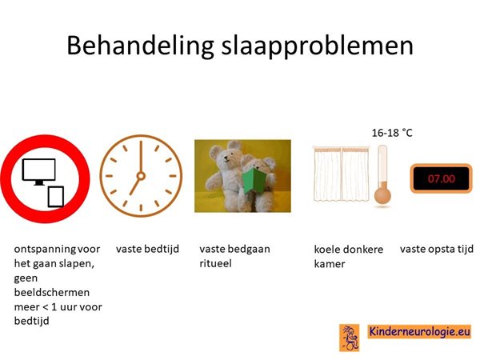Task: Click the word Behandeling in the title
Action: tap(140, 46)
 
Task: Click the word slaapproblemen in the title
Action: tap(318, 46)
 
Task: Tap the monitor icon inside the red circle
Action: tap(39, 171)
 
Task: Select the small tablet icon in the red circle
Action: tap(56, 197)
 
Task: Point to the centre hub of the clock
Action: tap(141, 176)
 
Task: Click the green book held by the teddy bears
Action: tap(254, 182)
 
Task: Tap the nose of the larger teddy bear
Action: tap(226, 158)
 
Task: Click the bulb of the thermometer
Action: tap(382, 195)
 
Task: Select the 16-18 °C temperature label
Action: tap(392, 133)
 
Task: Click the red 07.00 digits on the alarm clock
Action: tap(441, 178)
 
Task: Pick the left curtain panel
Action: tap(327, 174)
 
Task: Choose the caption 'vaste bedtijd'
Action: tap(147, 249)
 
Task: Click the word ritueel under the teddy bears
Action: tap(215, 263)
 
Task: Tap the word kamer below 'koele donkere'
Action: tap(330, 264)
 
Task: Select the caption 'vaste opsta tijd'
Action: tap(437, 249)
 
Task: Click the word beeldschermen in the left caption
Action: tap(52, 292)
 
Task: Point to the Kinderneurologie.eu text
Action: tap(419, 331)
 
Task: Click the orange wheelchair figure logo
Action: tap(350, 338)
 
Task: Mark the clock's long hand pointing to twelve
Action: tap(141, 158)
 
